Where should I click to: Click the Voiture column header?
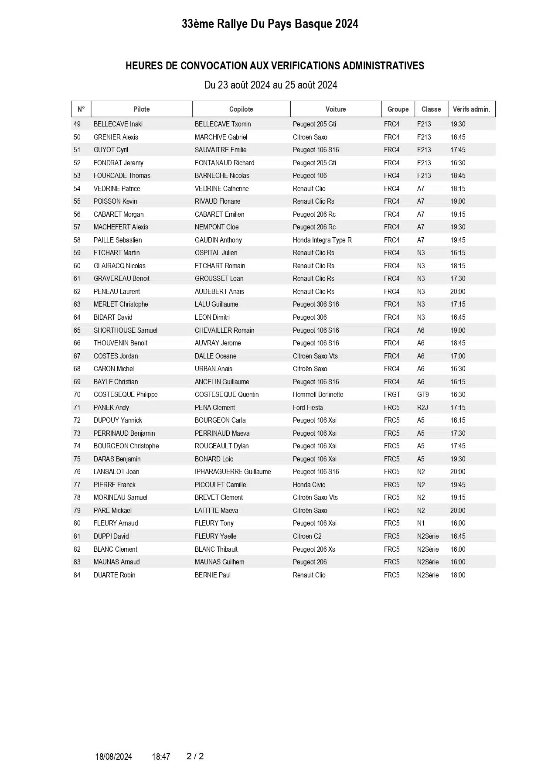tap(335, 109)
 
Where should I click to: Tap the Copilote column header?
tap(241, 109)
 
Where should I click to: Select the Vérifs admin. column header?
tap(471, 109)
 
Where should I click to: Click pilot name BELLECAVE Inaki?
tap(118, 124)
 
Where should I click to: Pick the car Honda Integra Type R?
tap(322, 240)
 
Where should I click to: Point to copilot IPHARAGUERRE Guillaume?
tap(233, 472)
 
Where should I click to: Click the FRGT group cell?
tap(392, 395)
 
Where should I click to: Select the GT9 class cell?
tap(423, 395)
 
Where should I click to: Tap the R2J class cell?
tap(423, 407)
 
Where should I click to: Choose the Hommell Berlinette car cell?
tap(318, 395)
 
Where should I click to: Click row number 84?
tap(77, 575)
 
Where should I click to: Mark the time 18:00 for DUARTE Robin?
tap(458, 575)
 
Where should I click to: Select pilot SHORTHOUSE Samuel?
tap(125, 331)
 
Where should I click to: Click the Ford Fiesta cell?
tap(308, 407)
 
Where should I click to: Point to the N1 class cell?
tap(421, 523)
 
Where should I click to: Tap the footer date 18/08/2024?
tap(113, 757)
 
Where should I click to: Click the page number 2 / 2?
tap(195, 756)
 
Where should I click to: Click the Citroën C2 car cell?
tap(307, 536)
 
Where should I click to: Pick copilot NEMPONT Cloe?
tap(217, 227)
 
